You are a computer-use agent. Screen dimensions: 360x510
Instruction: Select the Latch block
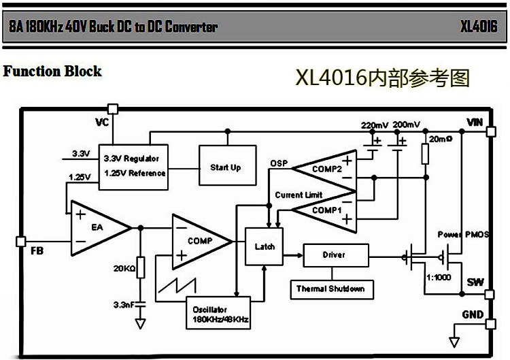(265, 246)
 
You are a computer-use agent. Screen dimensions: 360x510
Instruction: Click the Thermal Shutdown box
(330, 289)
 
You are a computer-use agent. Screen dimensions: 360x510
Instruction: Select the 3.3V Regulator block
(135, 165)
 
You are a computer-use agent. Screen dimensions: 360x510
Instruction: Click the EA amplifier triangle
(95, 228)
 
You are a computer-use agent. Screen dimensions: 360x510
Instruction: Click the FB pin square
(20, 241)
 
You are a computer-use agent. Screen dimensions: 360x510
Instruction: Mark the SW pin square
(490, 295)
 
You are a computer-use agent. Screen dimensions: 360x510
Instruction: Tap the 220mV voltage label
(375, 125)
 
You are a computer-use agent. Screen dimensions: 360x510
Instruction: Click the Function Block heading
(52, 71)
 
